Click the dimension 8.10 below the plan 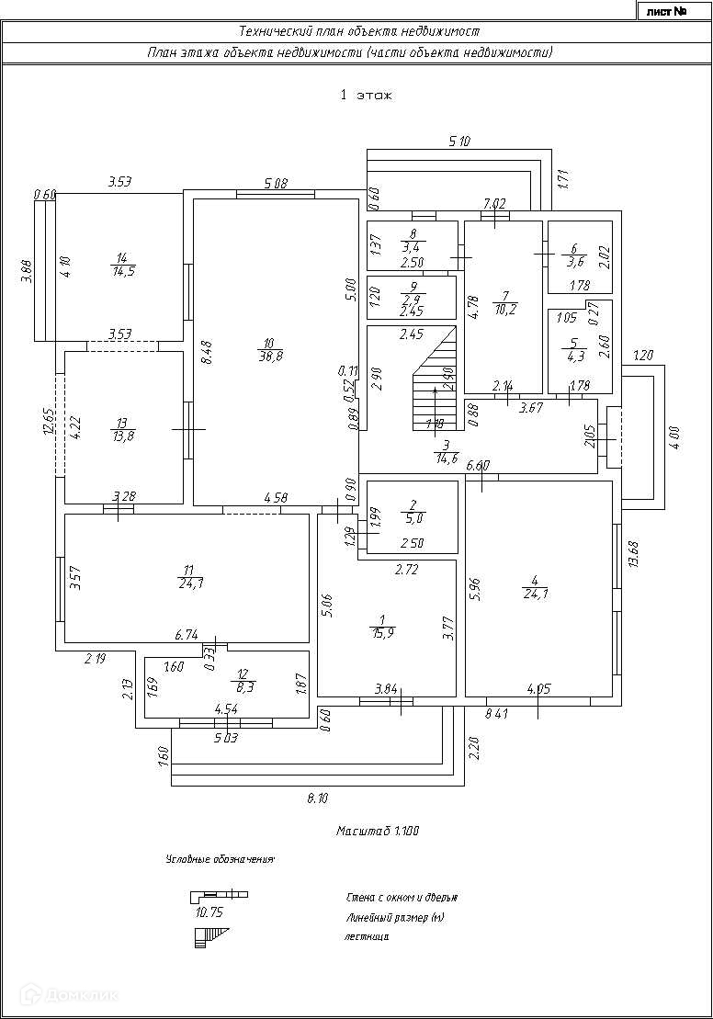click(317, 799)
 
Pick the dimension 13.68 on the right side click(632, 553)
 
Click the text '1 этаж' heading click(366, 94)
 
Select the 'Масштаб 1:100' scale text click(378, 831)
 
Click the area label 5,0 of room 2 click(413, 518)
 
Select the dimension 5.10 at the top click(459, 142)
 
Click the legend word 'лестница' click(368, 937)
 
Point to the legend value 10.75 click(210, 912)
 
